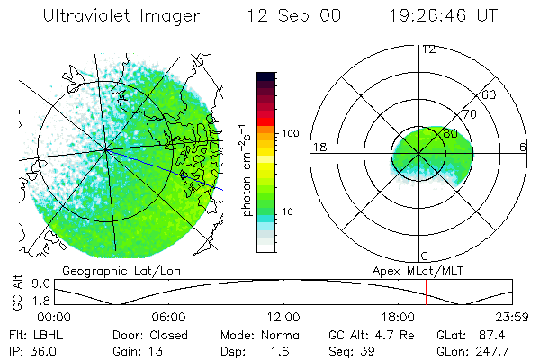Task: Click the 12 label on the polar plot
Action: (428, 49)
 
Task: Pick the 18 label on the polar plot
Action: (319, 148)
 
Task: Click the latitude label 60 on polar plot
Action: (490, 94)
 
